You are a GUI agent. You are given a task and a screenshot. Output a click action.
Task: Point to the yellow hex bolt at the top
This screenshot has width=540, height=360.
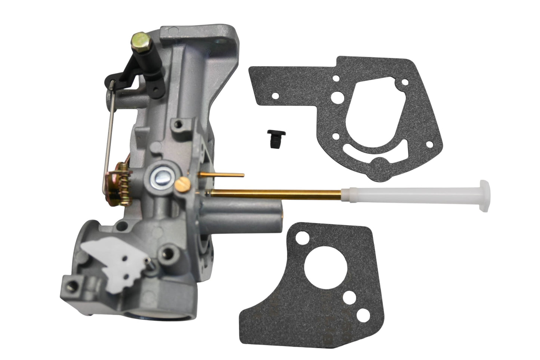click(x=138, y=39)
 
